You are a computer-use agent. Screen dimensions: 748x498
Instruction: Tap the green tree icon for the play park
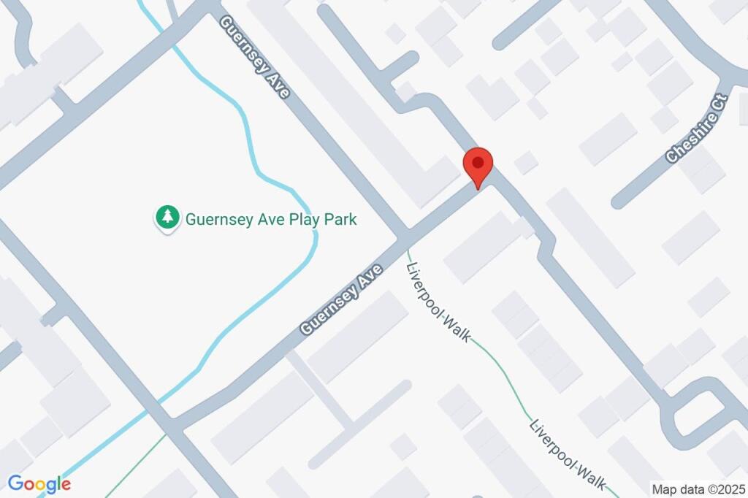[x=169, y=217]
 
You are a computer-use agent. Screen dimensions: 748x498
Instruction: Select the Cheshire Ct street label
[x=697, y=129]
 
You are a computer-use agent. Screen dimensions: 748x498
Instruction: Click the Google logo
[x=39, y=483]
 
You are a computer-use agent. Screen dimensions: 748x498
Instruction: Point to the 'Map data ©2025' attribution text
[x=699, y=489]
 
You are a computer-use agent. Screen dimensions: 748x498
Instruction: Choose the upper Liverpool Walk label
[x=439, y=301]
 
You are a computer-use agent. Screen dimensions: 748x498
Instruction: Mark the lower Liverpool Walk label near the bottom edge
[x=569, y=454]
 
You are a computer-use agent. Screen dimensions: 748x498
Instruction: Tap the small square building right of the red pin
[x=526, y=162]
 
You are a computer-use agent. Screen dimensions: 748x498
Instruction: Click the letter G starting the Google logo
[x=15, y=483]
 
